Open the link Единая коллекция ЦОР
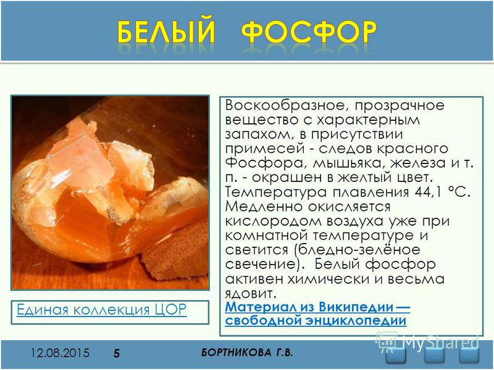click(101, 310)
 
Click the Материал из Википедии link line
click(317, 306)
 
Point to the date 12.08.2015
click(60, 353)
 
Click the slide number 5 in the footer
click(117, 353)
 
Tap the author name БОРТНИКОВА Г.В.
click(247, 353)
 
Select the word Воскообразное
click(287, 105)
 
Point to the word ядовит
click(251, 294)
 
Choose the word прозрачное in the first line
click(400, 105)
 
